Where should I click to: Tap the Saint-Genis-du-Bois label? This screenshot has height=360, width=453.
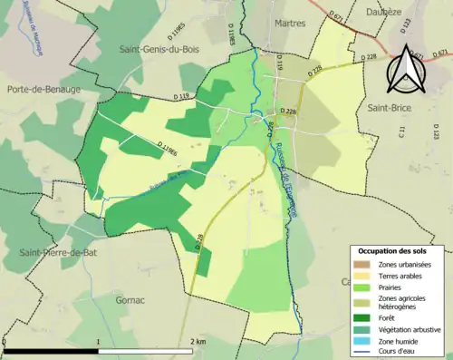[165, 50]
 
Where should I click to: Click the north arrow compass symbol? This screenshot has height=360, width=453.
[409, 65]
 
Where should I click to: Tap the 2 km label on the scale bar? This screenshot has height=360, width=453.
[198, 342]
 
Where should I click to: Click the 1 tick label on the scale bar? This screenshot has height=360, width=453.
[97, 342]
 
